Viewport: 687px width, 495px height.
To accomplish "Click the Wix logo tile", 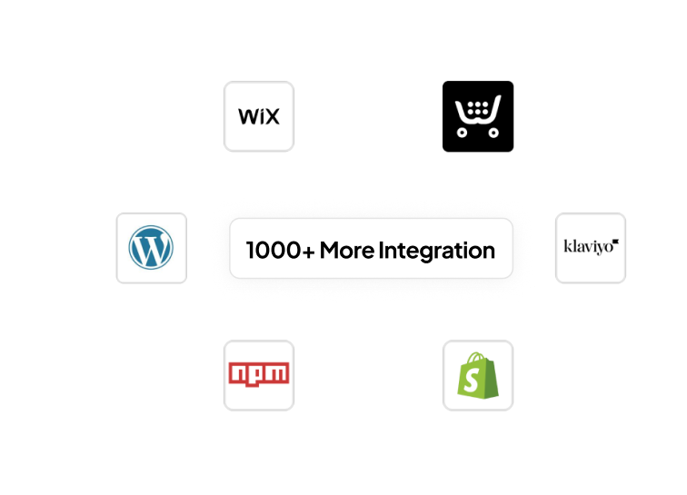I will coord(259,116).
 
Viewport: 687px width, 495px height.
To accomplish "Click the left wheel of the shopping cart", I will coord(463,133).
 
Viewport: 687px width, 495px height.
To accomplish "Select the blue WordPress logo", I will coord(151,248).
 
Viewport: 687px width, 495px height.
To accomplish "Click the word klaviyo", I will coord(585,246).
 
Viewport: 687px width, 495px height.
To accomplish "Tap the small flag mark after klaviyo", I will coord(614,243).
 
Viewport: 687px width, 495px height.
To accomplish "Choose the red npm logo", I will coord(259,374).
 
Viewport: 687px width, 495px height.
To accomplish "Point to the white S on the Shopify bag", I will coord(473,381).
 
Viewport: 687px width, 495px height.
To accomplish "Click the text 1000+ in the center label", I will coord(280,250).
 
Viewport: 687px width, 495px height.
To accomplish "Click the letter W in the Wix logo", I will coord(246,117).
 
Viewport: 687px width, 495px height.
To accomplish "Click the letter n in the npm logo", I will coord(238,373).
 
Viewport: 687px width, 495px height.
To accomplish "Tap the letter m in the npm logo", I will coord(279,373).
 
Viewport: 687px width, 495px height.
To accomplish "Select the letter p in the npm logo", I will coord(258,374).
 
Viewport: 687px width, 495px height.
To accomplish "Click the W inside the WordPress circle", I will coord(151,248).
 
